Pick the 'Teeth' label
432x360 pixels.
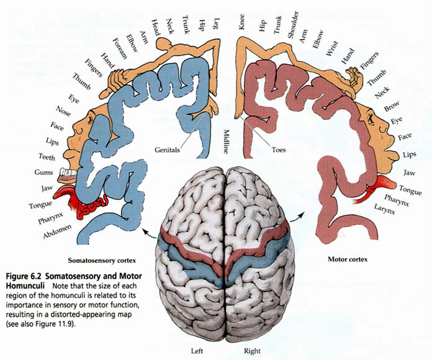(x=47, y=156)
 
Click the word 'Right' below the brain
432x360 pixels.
(x=253, y=351)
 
